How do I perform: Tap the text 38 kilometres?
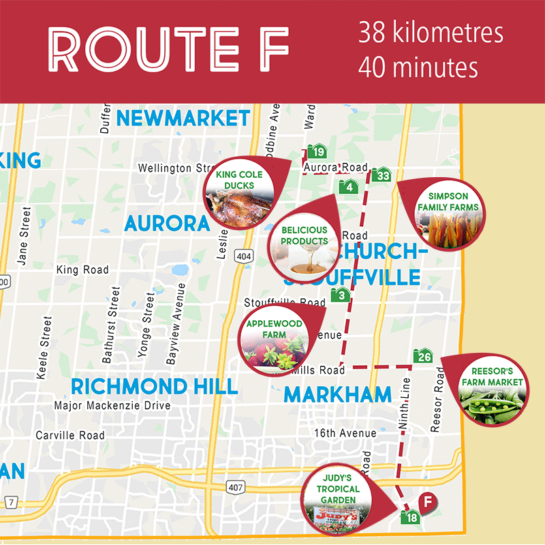pos(430,33)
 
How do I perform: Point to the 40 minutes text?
pos(418,67)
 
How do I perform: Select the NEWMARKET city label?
pos(183,118)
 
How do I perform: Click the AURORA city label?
pos(166,223)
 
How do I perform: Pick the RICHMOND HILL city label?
pos(154,387)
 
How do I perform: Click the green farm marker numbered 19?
pos(317,151)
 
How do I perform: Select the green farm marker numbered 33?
pos(383,174)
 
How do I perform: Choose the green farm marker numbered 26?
pos(423,356)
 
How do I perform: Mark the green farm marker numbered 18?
pos(410,517)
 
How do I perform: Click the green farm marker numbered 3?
pos(340,295)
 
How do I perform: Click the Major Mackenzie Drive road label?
pos(112,406)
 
